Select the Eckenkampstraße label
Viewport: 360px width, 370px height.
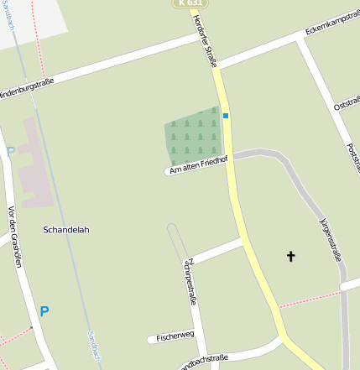click(331, 27)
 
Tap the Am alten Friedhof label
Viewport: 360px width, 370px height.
click(198, 164)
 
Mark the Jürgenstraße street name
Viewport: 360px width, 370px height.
click(331, 240)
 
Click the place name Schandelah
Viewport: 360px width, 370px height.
click(65, 229)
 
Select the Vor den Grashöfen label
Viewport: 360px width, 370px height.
click(13, 237)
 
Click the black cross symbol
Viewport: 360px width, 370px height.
click(291, 256)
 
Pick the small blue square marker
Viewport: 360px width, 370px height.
click(226, 116)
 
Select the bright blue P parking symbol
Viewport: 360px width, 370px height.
click(44, 311)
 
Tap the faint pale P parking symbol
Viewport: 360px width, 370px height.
click(10, 152)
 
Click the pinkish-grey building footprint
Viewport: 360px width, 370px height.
click(34, 164)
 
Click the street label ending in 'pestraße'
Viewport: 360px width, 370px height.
click(191, 281)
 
